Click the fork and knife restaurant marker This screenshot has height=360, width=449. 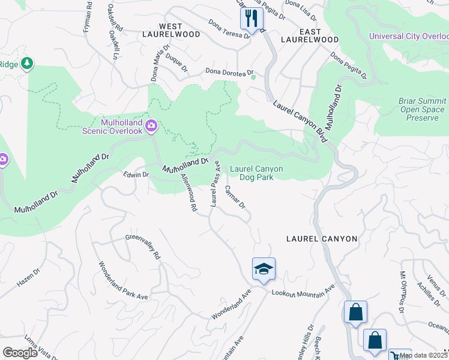[252, 19]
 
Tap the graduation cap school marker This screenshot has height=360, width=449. [263, 269]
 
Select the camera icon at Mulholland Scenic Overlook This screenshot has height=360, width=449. [151, 125]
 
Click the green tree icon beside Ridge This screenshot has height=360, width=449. [27, 62]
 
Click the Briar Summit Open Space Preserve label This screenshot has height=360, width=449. [423, 110]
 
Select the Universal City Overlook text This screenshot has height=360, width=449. [408, 36]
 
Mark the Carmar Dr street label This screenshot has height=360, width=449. [235, 197]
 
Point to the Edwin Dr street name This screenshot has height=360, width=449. [135, 175]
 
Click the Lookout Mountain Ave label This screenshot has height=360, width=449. [303, 292]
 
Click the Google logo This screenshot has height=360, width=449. [20, 353]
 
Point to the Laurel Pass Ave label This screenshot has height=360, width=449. [214, 186]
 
